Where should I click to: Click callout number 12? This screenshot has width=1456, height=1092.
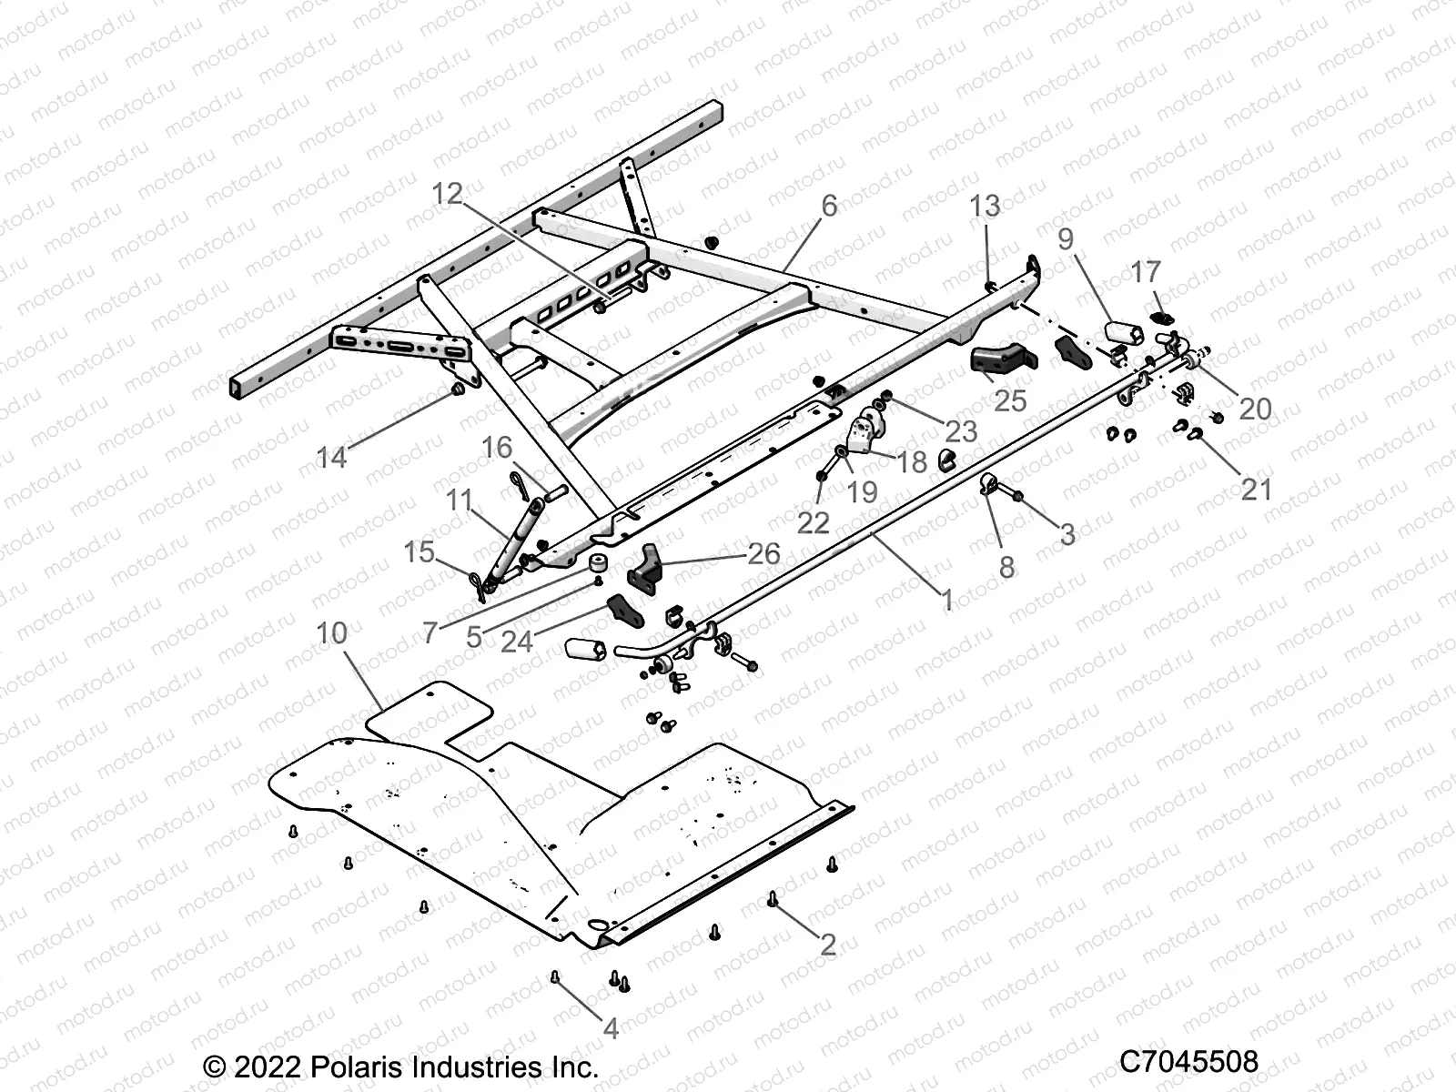click(447, 194)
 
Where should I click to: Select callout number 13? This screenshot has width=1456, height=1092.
click(985, 206)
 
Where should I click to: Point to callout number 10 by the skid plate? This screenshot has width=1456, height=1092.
click(332, 633)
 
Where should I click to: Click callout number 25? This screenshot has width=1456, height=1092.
click(1010, 400)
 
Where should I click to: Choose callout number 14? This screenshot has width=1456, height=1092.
click(331, 457)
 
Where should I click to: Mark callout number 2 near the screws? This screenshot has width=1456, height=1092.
click(827, 944)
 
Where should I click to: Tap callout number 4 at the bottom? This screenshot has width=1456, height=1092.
click(611, 1029)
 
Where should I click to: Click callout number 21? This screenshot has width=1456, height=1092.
click(1257, 490)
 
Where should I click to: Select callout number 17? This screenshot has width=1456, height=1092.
click(1146, 271)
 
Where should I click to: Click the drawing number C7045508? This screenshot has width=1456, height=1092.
click(1188, 1062)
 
